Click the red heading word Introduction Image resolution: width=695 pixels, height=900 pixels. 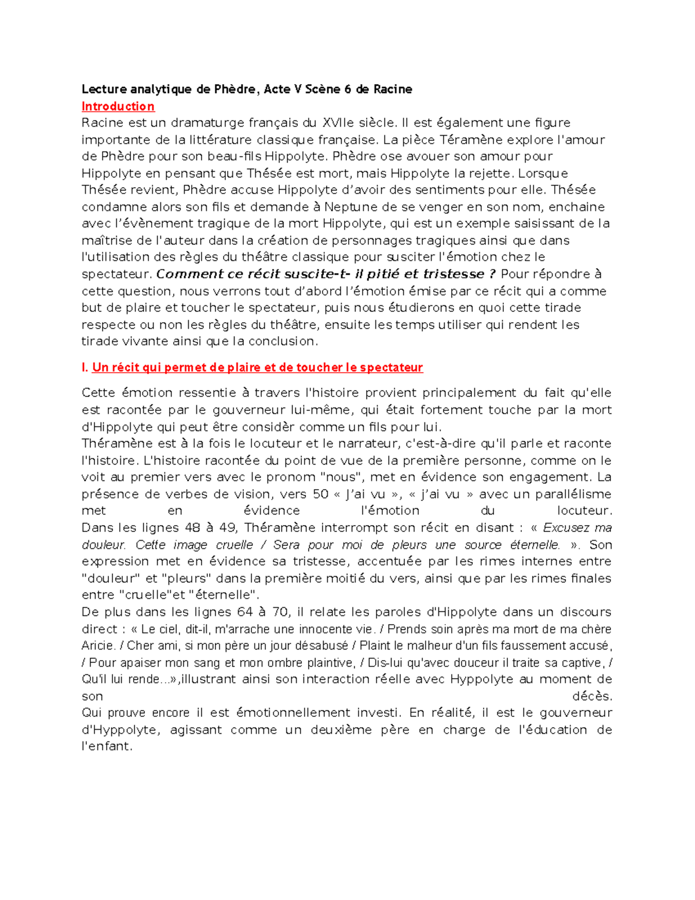pyautogui.click(x=118, y=106)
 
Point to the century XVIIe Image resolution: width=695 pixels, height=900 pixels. pyautogui.click(x=338, y=123)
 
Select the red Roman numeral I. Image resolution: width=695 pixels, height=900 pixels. pyautogui.click(x=84, y=367)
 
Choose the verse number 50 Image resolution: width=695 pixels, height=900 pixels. pyautogui.click(x=320, y=494)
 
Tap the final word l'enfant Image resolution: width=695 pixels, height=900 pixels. pyautogui.click(x=107, y=746)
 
